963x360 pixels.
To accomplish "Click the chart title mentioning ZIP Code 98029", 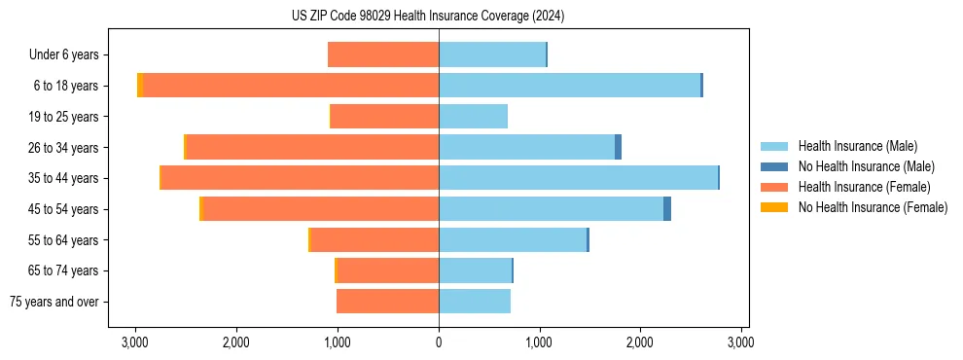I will (x=428, y=17).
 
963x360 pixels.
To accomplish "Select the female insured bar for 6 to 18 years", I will (x=291, y=86).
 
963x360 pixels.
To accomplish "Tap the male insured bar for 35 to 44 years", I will (x=578, y=178).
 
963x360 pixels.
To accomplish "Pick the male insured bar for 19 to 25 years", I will (x=473, y=117).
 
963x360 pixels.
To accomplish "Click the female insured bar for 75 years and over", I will (x=387, y=302).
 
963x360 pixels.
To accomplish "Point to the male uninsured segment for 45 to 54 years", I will (x=667, y=209).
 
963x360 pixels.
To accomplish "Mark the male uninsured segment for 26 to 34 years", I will (x=618, y=147).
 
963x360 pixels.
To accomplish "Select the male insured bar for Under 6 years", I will (x=492, y=54).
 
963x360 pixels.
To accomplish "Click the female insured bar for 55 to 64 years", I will (x=374, y=240).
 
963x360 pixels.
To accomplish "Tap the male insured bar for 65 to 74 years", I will (x=475, y=270).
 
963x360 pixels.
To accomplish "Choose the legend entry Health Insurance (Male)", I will (x=857, y=146).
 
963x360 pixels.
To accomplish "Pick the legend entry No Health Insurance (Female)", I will (x=873, y=207).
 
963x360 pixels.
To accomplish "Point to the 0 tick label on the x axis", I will (x=439, y=342).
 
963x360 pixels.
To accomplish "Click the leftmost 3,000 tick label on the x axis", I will (x=135, y=342).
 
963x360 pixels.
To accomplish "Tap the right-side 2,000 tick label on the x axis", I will (x=640, y=342).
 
